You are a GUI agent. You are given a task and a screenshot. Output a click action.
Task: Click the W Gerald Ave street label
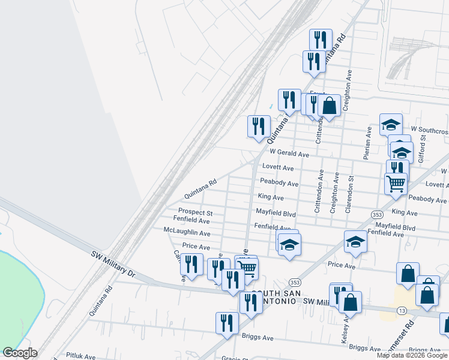point(289,154)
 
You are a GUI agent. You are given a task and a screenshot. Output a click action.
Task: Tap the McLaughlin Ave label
point(187,232)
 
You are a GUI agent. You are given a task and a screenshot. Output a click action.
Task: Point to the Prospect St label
point(196,212)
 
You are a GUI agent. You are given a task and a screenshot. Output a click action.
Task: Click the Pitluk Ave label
point(81,356)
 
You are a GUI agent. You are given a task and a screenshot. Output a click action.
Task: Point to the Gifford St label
point(423,147)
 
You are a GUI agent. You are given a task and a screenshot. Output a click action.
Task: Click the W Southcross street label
point(429,130)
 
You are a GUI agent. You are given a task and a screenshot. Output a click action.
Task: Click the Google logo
point(20,353)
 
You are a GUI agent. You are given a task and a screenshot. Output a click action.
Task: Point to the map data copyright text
point(412,355)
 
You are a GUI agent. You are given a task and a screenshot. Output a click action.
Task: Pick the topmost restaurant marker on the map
point(321,40)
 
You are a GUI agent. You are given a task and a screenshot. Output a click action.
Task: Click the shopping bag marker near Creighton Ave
point(329,106)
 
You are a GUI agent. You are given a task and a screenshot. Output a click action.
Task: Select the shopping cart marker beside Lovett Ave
point(396,184)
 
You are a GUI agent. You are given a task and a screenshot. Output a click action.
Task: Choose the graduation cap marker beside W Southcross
point(391,124)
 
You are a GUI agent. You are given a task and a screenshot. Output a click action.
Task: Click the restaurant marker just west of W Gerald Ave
point(259,126)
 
